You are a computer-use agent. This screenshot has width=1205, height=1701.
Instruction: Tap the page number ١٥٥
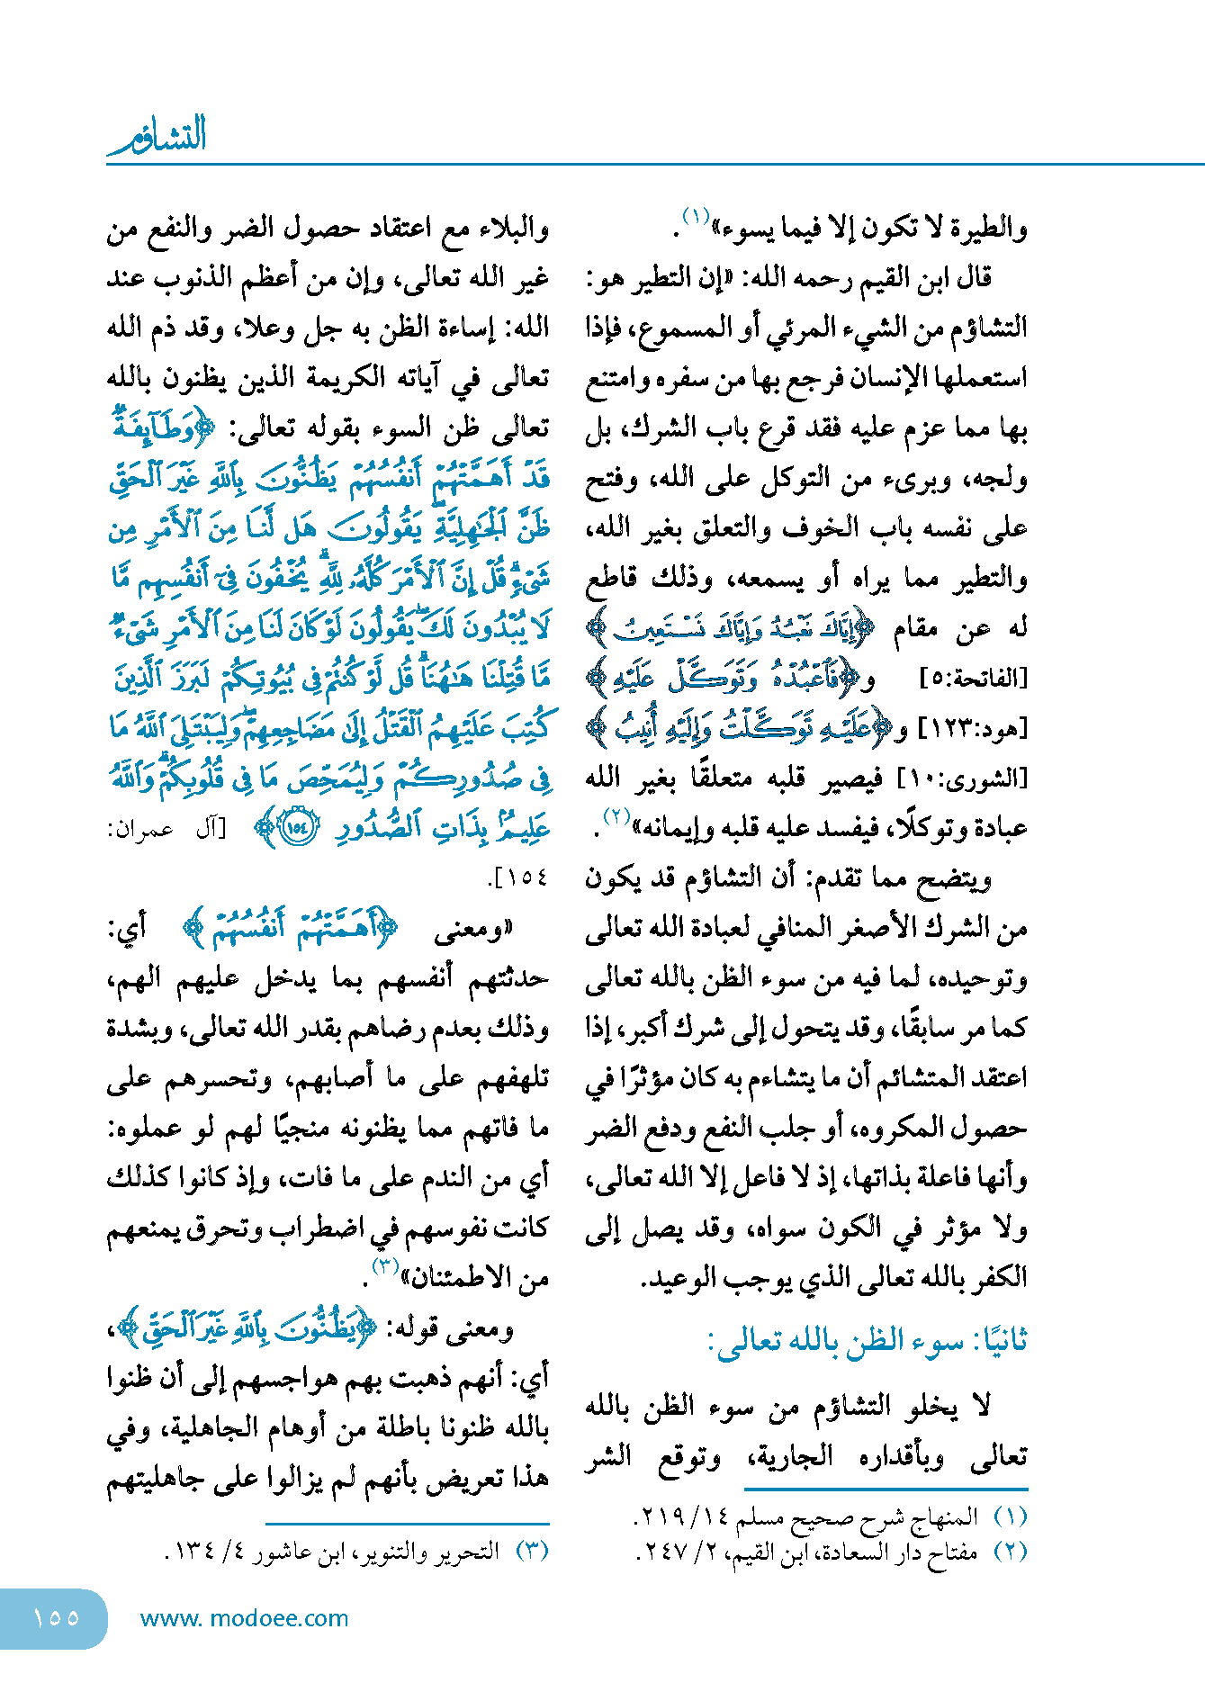pos(56,1617)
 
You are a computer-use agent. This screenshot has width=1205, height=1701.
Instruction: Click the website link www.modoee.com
pos(244,1618)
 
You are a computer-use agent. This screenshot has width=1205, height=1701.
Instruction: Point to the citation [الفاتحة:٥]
pos(974,678)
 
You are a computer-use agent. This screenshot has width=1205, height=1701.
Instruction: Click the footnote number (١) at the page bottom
pos(1010,1516)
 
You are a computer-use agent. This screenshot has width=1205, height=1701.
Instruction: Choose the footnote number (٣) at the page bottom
pos(533,1551)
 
